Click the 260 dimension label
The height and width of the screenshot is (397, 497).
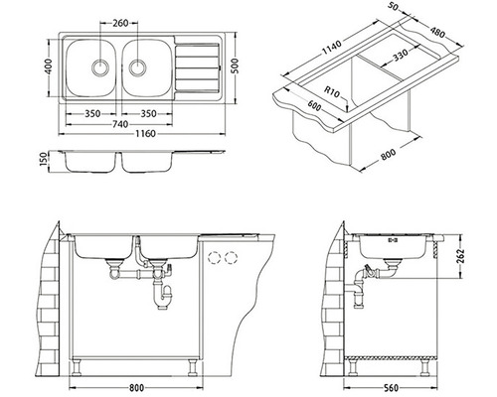(120, 23)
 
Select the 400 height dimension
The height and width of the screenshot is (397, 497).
(49, 66)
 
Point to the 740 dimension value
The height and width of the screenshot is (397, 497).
(120, 124)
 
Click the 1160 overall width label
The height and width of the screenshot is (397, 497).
(145, 134)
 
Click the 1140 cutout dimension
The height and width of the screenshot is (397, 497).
(331, 49)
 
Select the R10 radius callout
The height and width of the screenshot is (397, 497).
(332, 91)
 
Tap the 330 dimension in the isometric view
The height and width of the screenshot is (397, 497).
(401, 56)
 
